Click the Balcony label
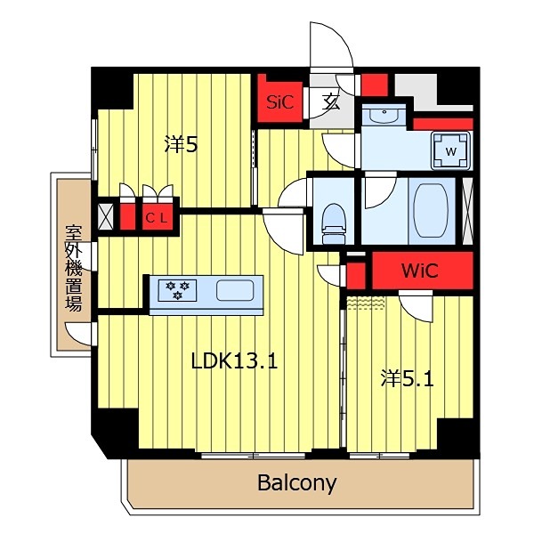point(297,483)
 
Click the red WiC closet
point(418,271)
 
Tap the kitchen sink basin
point(235,290)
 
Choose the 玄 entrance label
point(331,101)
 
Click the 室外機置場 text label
point(73,267)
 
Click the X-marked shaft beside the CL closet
point(105,216)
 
